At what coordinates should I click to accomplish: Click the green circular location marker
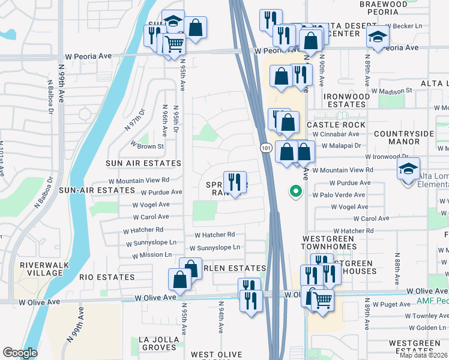click(295, 191)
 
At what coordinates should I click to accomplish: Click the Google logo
click(20, 353)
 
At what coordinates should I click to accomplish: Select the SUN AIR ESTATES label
click(143, 163)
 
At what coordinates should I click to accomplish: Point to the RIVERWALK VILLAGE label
click(44, 269)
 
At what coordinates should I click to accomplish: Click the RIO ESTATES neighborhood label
click(107, 277)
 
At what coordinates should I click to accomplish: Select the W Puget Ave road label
click(391, 304)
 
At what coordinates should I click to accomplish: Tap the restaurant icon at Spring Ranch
click(235, 181)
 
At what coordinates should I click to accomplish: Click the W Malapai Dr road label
click(341, 145)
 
